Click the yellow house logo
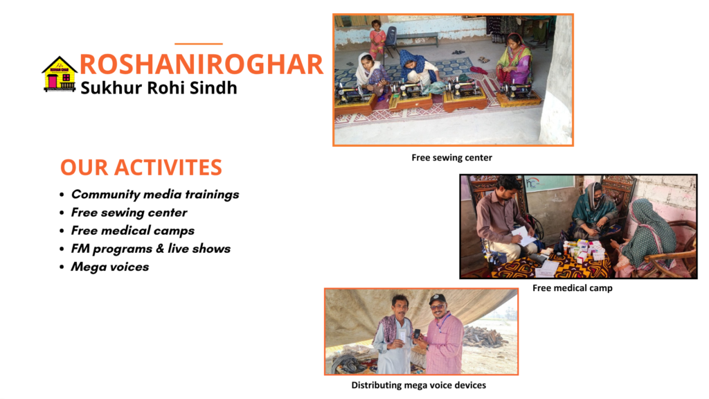coord(60,74)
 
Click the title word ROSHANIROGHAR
coord(201,64)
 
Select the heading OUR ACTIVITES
coord(141,168)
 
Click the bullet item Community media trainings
coord(155,195)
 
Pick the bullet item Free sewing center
coord(129,213)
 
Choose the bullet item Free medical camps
coord(132,231)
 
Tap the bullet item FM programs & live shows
coord(150,249)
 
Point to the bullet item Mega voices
coord(110,267)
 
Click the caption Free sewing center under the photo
coord(451,157)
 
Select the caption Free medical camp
coord(573,287)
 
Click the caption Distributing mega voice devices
coord(419,385)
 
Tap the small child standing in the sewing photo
coord(377,39)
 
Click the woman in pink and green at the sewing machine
coord(514,60)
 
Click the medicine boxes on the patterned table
coord(583,250)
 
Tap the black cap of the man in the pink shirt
coord(437,299)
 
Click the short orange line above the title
coord(199,44)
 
